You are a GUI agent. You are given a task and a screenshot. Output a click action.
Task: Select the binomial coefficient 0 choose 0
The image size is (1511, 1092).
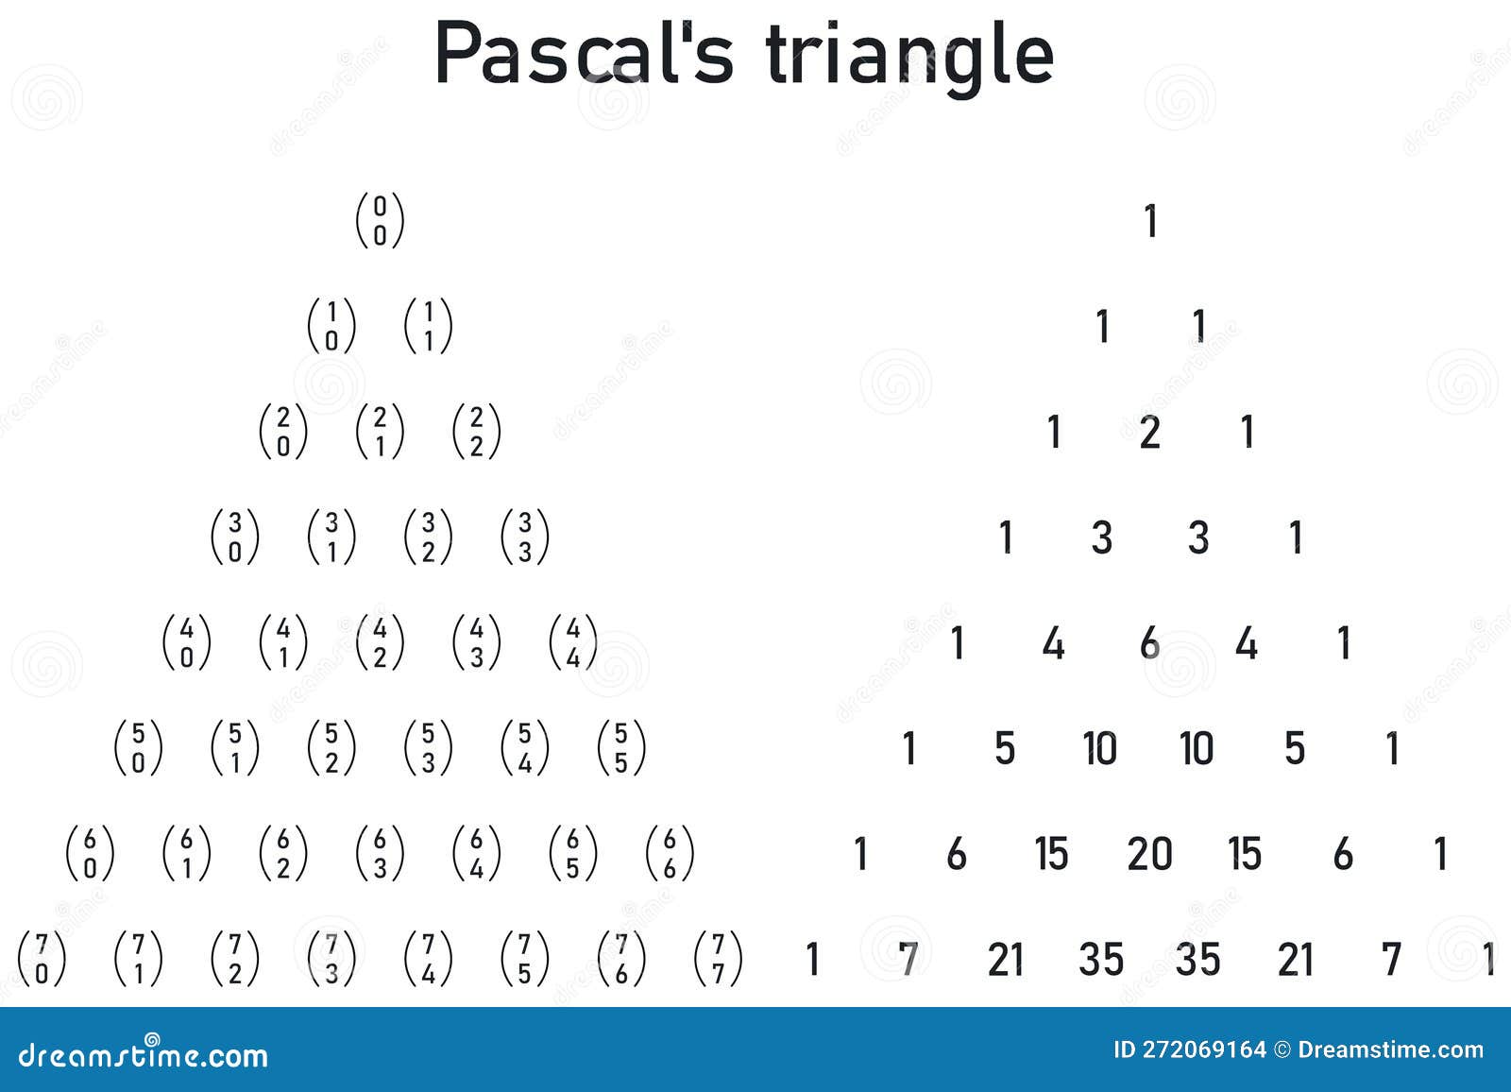[380, 221]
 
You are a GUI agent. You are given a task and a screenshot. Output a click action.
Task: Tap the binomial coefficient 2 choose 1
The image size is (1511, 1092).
[380, 432]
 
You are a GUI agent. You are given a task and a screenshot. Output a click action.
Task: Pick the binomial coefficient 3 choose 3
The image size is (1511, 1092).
[525, 537]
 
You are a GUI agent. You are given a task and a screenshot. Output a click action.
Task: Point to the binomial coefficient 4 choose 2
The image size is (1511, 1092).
[380, 642]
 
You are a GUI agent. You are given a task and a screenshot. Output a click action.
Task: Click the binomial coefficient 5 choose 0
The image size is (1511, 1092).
[138, 748]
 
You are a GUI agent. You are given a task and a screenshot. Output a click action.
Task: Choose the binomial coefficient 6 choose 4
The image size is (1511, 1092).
[476, 853]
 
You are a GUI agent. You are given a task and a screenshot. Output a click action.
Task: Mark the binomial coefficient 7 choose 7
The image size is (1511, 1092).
[718, 959]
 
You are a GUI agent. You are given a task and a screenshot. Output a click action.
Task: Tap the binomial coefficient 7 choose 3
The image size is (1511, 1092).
[331, 959]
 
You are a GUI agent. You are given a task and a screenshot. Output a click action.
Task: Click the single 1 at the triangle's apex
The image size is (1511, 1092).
[1150, 221]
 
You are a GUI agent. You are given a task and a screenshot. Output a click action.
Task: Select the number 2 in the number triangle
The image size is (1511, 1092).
[1149, 433]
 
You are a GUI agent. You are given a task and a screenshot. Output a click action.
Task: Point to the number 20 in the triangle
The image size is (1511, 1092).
[1149, 854]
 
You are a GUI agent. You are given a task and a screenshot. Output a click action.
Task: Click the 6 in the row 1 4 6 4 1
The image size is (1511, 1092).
[1149, 643]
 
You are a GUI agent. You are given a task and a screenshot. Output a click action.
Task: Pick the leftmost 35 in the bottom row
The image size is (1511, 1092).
[1101, 960]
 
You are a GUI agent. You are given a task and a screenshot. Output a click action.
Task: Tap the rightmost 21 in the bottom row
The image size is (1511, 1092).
[1295, 960]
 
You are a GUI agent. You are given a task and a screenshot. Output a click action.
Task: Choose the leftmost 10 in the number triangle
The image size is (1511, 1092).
[1100, 749]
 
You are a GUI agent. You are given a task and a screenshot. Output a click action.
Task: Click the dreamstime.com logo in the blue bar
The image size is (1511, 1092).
[144, 1054]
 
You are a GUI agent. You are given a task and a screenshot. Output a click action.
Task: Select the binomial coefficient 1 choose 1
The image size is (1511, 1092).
[428, 326]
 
